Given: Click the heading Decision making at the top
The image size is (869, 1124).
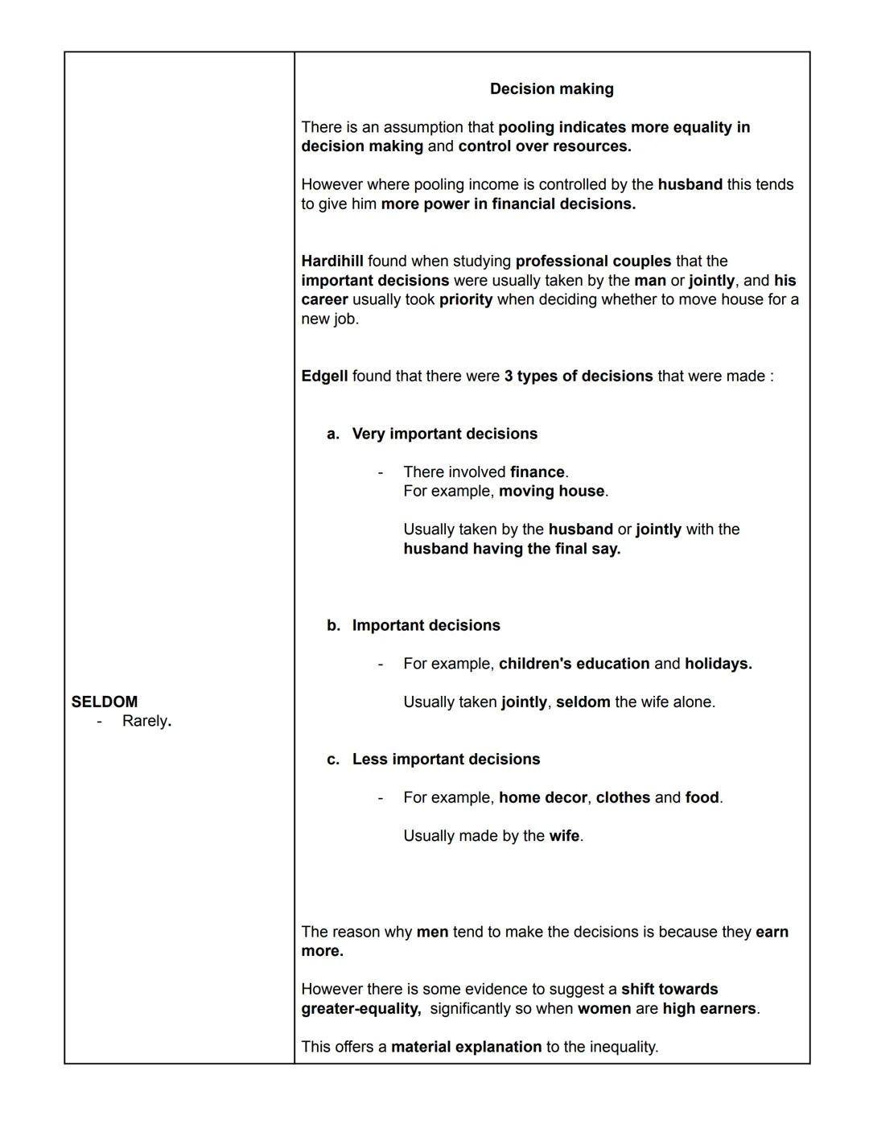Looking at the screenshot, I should coord(551,89).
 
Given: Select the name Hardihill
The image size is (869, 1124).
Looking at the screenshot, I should coord(332,261).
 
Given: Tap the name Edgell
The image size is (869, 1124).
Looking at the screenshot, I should coord(324,377).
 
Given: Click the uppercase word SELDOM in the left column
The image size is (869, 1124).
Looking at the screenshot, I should coord(105,702).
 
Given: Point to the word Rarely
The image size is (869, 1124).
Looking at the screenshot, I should coord(146,721).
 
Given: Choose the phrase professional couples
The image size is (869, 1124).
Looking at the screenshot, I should coord(593,261).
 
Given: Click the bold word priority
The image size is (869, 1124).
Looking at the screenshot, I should coord(466,300).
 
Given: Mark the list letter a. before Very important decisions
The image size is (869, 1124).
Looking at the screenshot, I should coord(333,434).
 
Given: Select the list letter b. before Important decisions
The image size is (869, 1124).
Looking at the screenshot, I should coord(333,626).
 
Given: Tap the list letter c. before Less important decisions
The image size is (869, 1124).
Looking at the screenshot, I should coord(333,760).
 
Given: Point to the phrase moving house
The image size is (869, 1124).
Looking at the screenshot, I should coord(551,492).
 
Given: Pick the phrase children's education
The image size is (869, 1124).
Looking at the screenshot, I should coord(574,664).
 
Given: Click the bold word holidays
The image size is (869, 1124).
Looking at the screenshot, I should coord(718,664).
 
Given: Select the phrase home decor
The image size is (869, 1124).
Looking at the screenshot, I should coord(542,798).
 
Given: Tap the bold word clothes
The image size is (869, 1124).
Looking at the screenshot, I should coord(623,798).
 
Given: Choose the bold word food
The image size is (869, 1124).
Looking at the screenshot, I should coord(702,798).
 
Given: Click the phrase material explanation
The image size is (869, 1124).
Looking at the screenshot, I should coord(466,1048).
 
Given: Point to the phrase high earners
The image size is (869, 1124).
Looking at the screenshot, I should coord(709,1009).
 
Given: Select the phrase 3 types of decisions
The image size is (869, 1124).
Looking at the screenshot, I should coord(579,377).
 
